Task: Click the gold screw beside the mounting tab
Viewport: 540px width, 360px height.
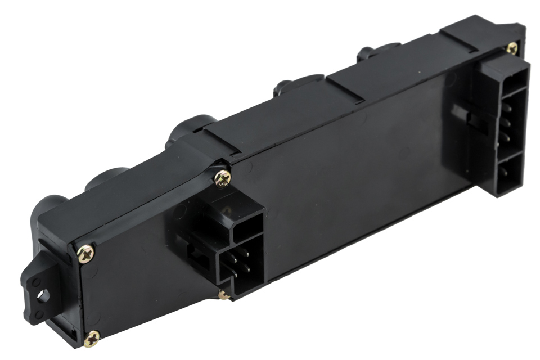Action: [86, 254]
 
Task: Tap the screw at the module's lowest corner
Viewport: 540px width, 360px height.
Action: [92, 337]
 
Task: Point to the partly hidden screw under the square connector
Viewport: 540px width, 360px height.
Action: [224, 295]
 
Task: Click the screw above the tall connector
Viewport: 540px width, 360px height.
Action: [511, 48]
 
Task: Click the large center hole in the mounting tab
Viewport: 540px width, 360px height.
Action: [43, 294]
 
